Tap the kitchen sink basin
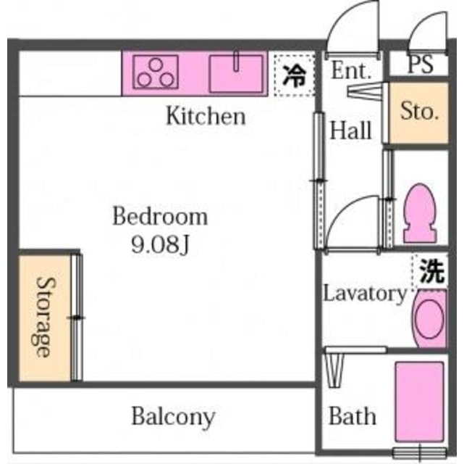pos(237,73)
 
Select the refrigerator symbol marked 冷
pos(295,74)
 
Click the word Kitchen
pos(206,115)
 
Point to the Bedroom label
pos(159,216)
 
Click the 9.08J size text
pos(159,244)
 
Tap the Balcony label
pos(173,417)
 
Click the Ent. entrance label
pos(351,71)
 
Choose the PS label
pos(420,65)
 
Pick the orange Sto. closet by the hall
pos(420,112)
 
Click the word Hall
pos(351,131)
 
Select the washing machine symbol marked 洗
pos(431,271)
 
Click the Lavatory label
pos(364,294)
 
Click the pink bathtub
pos(421,402)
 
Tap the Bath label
pos(353,416)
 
